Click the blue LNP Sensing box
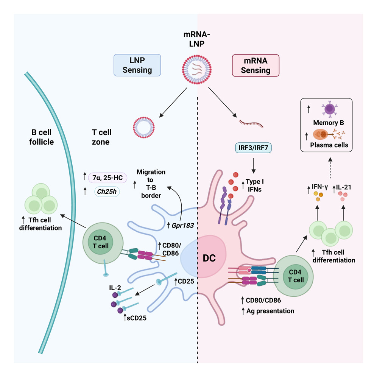coord(137,65)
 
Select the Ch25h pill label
coord(107,192)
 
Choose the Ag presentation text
coord(270,311)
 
